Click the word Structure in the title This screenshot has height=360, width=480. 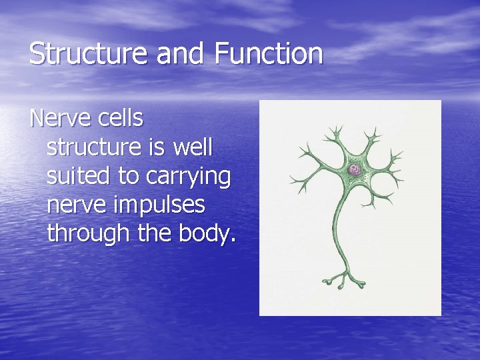point(89,54)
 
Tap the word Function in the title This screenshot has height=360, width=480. point(269,54)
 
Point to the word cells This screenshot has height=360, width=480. point(121,119)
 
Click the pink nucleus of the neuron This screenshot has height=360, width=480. point(355,170)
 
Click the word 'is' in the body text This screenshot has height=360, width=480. point(153,148)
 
